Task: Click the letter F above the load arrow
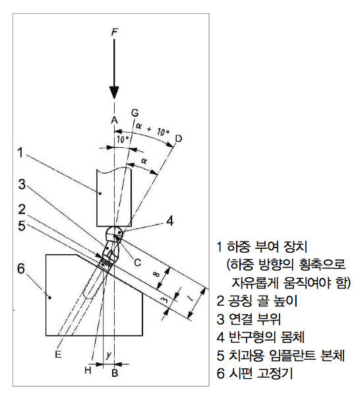(x=115, y=32)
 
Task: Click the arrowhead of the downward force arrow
(x=114, y=92)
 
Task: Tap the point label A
(x=115, y=120)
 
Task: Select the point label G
(x=135, y=113)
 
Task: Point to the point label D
(x=179, y=139)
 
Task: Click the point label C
(x=137, y=262)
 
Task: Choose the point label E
(x=58, y=354)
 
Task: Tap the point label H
(x=88, y=370)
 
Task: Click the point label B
(x=115, y=373)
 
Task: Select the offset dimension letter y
(x=109, y=355)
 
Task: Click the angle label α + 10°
(x=152, y=129)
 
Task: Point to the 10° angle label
(x=123, y=139)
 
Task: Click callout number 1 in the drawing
(x=20, y=153)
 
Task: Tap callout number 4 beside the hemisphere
(x=170, y=220)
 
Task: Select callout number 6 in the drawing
(x=21, y=269)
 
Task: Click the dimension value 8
(x=157, y=275)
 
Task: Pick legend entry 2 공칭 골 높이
(x=257, y=301)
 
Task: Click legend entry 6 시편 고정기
(x=255, y=373)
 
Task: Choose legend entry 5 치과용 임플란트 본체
(x=281, y=355)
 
